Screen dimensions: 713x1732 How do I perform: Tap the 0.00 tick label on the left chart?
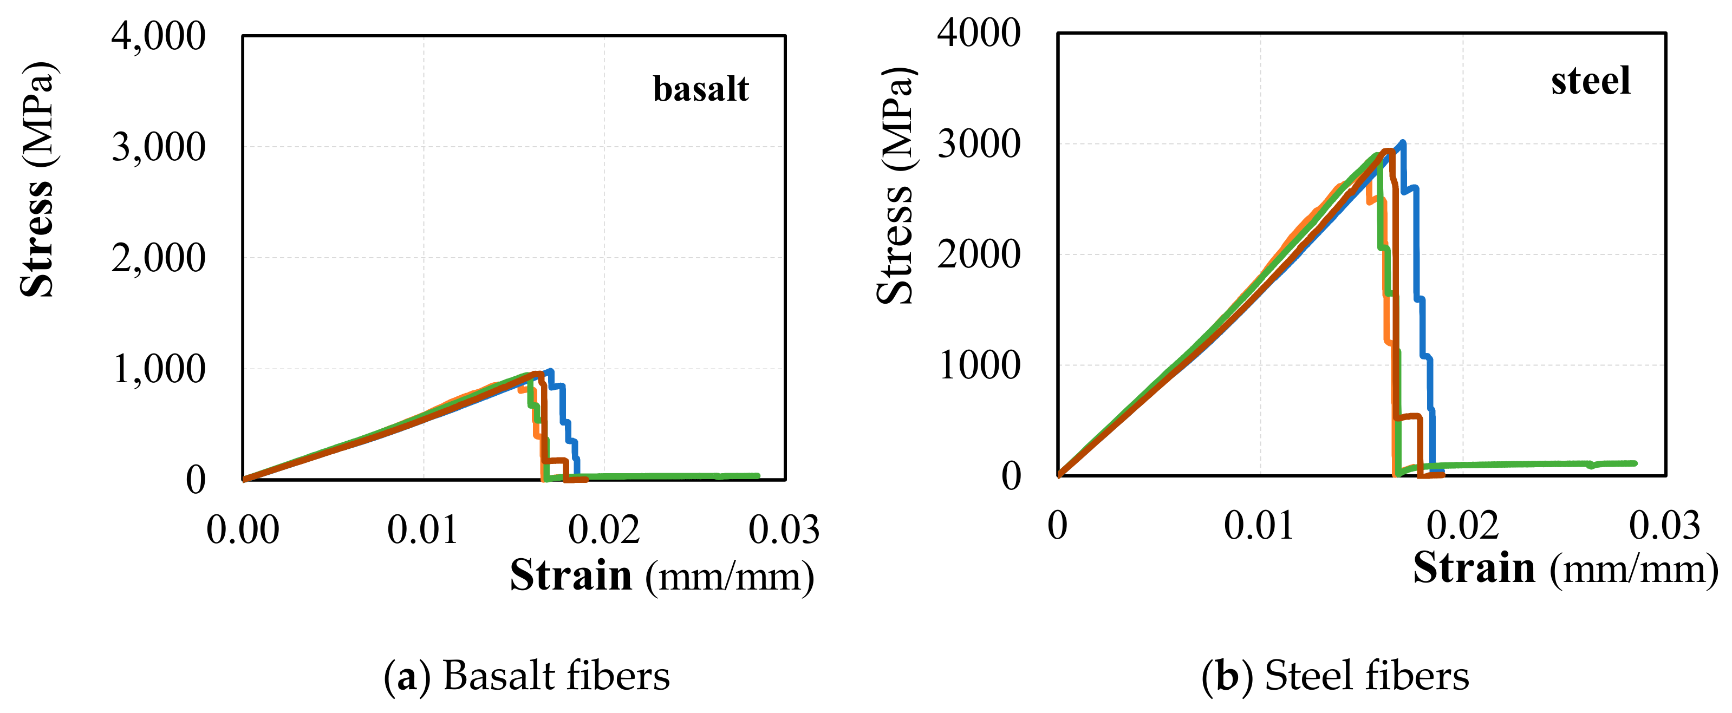(x=243, y=529)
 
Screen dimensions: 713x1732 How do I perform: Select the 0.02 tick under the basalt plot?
(x=604, y=529)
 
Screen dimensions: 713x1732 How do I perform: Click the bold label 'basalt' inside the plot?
(x=701, y=89)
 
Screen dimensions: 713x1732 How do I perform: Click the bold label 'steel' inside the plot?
(x=1590, y=81)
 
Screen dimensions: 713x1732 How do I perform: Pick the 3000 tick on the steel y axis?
(x=979, y=144)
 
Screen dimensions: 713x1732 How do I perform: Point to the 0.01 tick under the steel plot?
(x=1259, y=526)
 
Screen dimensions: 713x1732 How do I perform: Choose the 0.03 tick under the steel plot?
(x=1664, y=526)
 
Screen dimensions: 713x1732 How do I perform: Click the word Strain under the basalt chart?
(x=571, y=576)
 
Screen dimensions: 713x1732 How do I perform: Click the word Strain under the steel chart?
(x=1474, y=568)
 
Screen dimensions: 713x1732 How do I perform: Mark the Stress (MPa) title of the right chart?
(x=896, y=186)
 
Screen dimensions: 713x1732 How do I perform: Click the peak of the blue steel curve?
(x=1403, y=142)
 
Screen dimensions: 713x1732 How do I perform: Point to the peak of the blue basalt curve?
(x=551, y=371)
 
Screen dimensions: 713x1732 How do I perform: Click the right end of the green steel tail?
(x=1635, y=463)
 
